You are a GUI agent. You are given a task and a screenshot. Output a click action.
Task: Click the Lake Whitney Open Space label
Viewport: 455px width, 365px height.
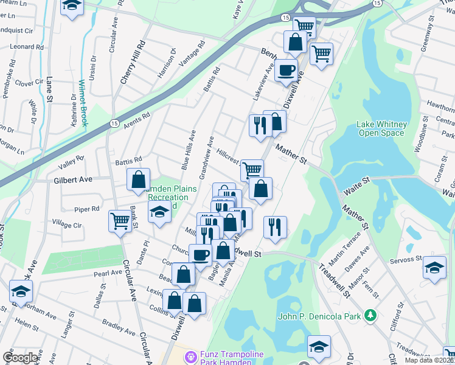381,128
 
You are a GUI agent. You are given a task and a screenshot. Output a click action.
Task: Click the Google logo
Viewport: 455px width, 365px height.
20,357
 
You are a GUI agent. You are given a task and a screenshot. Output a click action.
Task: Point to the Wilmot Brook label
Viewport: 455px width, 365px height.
83,103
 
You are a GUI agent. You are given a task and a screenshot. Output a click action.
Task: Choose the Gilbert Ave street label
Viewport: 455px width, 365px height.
72,180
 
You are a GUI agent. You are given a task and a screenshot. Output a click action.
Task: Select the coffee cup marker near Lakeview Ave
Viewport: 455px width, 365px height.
286,70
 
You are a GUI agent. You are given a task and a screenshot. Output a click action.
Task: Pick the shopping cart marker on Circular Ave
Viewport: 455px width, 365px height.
120,220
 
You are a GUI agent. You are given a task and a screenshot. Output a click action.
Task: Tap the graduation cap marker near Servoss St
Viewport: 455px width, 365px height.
434,268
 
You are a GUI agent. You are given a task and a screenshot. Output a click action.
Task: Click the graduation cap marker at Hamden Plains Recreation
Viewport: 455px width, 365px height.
159,212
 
